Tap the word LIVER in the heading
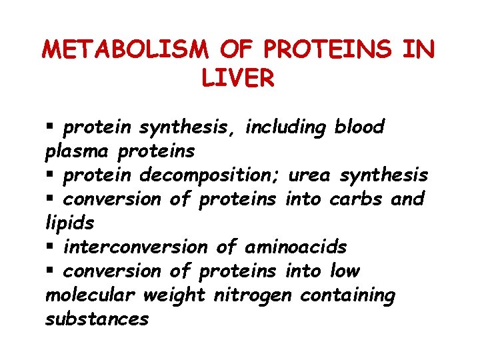click(237, 79)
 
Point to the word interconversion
click(135, 247)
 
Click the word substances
click(96, 319)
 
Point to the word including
click(285, 127)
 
